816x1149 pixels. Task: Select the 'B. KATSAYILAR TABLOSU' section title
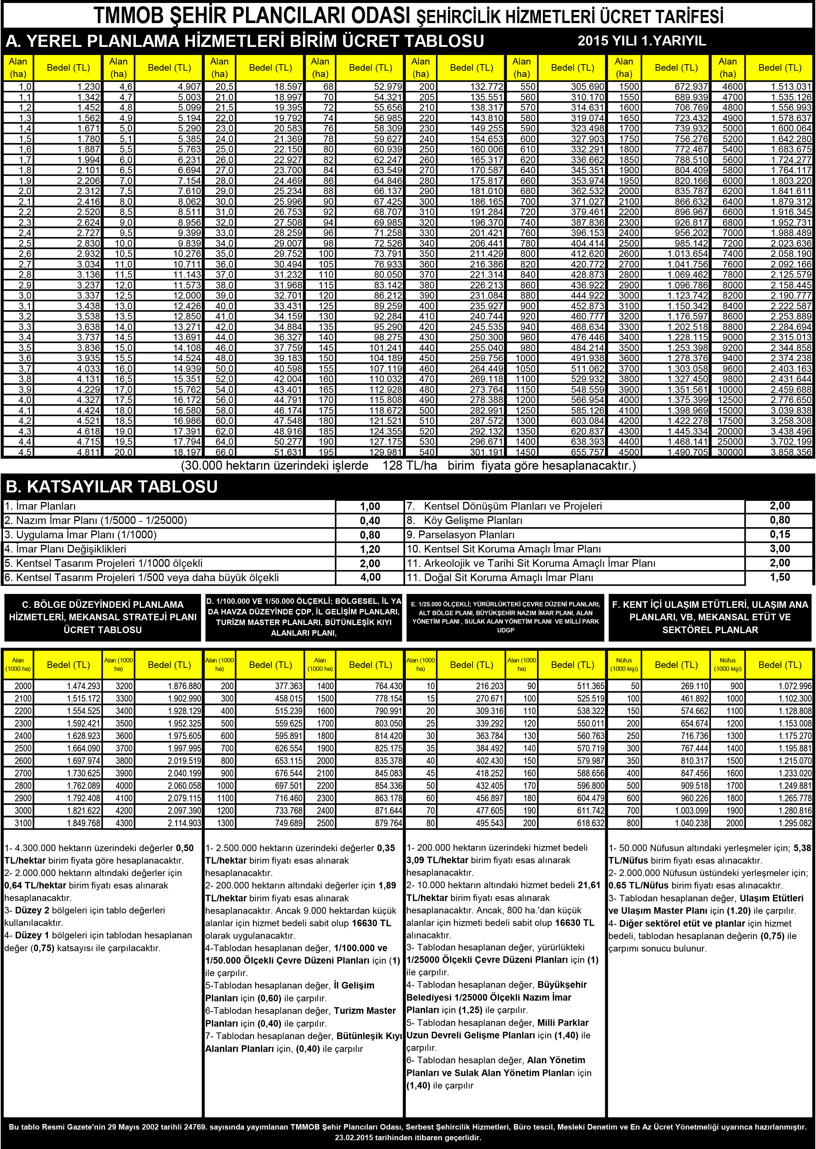point(112,486)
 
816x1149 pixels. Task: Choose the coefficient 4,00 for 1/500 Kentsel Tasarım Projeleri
point(370,577)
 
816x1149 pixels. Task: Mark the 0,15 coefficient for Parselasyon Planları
point(780,535)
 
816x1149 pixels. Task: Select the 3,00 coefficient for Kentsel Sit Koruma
point(780,548)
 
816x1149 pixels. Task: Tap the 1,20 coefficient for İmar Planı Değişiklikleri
point(370,549)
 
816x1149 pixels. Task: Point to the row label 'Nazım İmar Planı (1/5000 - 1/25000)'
point(96,520)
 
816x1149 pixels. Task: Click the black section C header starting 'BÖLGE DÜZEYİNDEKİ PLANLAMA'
point(103,617)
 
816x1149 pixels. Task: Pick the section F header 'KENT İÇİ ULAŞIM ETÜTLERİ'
point(710,617)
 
